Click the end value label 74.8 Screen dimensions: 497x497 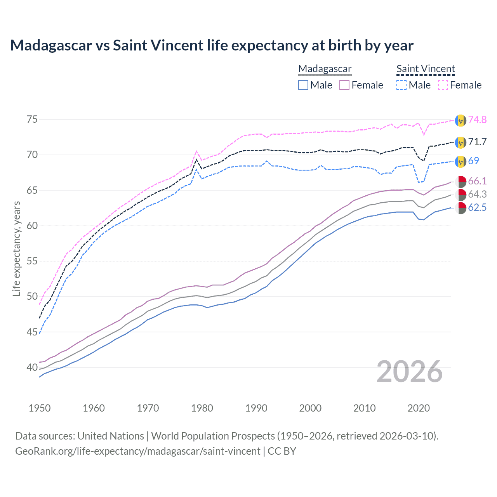point(477,120)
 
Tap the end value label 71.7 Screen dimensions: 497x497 point(477,142)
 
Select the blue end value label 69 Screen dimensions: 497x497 point(473,161)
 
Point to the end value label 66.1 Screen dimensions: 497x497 point(477,181)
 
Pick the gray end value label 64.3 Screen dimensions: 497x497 point(477,194)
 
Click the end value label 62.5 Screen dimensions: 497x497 point(477,207)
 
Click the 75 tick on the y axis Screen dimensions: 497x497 point(32,119)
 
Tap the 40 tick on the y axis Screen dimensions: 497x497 point(32,367)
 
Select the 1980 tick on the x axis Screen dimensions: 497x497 point(202,408)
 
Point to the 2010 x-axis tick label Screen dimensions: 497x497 point(364,408)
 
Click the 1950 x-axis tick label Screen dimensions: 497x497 point(40,408)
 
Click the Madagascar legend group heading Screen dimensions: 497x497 point(325,69)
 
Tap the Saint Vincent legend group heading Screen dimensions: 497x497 point(426,69)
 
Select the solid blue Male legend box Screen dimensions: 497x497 point(303,85)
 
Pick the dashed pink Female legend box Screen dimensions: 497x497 point(443,85)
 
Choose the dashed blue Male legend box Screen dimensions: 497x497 point(401,85)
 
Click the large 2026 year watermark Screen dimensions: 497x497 point(410,372)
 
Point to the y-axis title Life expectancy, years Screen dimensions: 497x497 point(16,248)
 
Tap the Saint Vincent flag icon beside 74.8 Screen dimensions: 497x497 point(461,120)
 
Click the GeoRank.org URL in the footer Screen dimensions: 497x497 point(138,451)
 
